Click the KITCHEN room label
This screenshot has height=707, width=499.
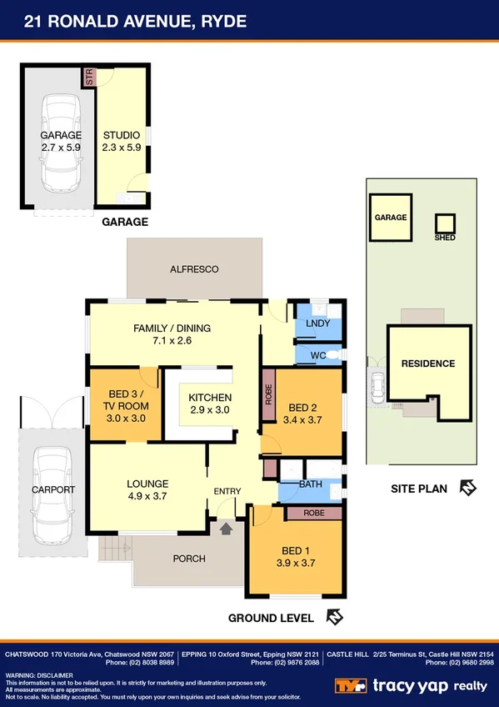[x=210, y=398]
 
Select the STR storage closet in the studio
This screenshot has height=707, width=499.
[x=87, y=77]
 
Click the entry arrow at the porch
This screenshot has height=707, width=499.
[x=225, y=527]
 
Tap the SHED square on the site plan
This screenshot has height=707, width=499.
[x=445, y=223]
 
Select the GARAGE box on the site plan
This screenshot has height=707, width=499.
[x=390, y=218]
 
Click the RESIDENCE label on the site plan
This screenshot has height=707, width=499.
[x=428, y=364]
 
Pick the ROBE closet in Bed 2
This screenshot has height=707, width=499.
[x=268, y=393]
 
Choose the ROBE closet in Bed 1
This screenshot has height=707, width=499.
[x=313, y=514]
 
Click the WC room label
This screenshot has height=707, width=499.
[x=313, y=355]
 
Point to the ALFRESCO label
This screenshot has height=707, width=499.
[x=193, y=269]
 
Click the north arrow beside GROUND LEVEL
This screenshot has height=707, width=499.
[x=334, y=618]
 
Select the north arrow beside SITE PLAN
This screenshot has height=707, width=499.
[x=467, y=488]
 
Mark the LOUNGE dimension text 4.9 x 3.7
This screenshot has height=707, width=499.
[x=147, y=496]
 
